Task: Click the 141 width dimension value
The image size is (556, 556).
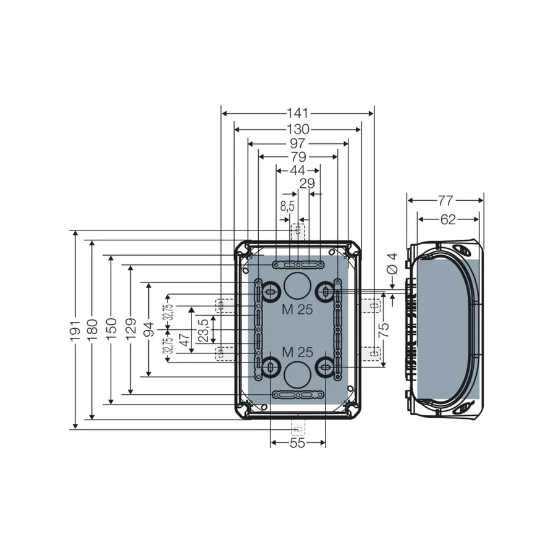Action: [297, 114]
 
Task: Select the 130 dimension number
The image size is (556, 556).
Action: [297, 130]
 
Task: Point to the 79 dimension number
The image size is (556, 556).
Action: [298, 156]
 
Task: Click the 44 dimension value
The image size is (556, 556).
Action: [297, 170]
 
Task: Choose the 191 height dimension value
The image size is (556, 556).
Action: [75, 330]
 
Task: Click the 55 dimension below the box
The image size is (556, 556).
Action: [298, 443]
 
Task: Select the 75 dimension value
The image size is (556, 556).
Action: [384, 330]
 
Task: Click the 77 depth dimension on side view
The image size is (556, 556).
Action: [445, 200]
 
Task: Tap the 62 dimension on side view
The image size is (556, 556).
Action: [448, 219]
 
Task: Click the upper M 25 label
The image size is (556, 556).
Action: [297, 310]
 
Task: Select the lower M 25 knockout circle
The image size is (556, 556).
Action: [297, 374]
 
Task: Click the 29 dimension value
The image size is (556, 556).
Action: [307, 183]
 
